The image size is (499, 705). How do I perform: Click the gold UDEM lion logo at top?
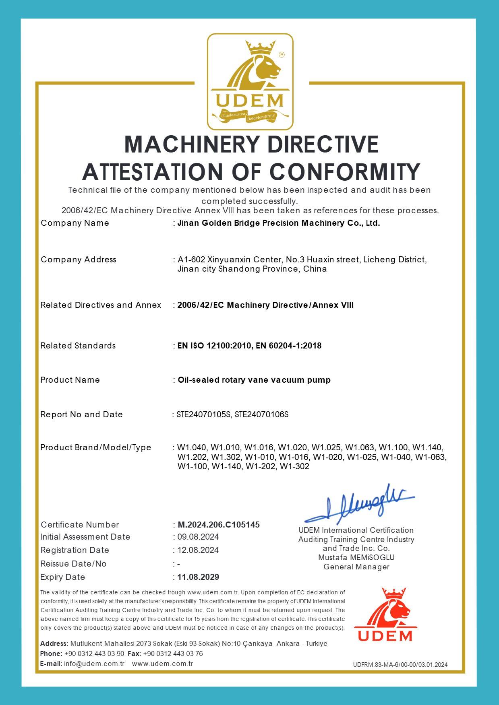pos(250,81)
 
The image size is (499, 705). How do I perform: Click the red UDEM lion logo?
pos(385,614)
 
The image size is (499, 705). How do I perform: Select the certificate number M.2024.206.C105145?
pos(219,525)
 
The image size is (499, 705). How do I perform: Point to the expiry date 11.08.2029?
pos(198,577)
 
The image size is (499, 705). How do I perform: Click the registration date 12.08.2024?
pos(198,550)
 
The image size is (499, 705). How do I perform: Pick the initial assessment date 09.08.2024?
pos(198,537)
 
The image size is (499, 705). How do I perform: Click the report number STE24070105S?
pos(204,414)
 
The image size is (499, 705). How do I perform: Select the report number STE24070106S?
pos(262,414)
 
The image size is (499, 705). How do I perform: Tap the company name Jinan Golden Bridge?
pos(279,223)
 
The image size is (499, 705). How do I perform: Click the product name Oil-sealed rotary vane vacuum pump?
pos(254,380)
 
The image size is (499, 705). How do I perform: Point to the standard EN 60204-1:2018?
pos(289,346)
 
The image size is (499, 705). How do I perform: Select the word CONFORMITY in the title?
pos(345,172)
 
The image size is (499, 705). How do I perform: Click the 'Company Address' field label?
pos(79,260)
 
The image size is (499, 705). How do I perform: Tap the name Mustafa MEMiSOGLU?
pos(356,558)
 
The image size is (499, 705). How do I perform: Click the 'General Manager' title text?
pos(356,567)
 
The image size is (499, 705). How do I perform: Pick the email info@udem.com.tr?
pos(94,664)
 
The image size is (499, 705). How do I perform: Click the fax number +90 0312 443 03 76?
pos(173,653)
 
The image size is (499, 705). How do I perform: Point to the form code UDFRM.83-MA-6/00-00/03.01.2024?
pos(400,664)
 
